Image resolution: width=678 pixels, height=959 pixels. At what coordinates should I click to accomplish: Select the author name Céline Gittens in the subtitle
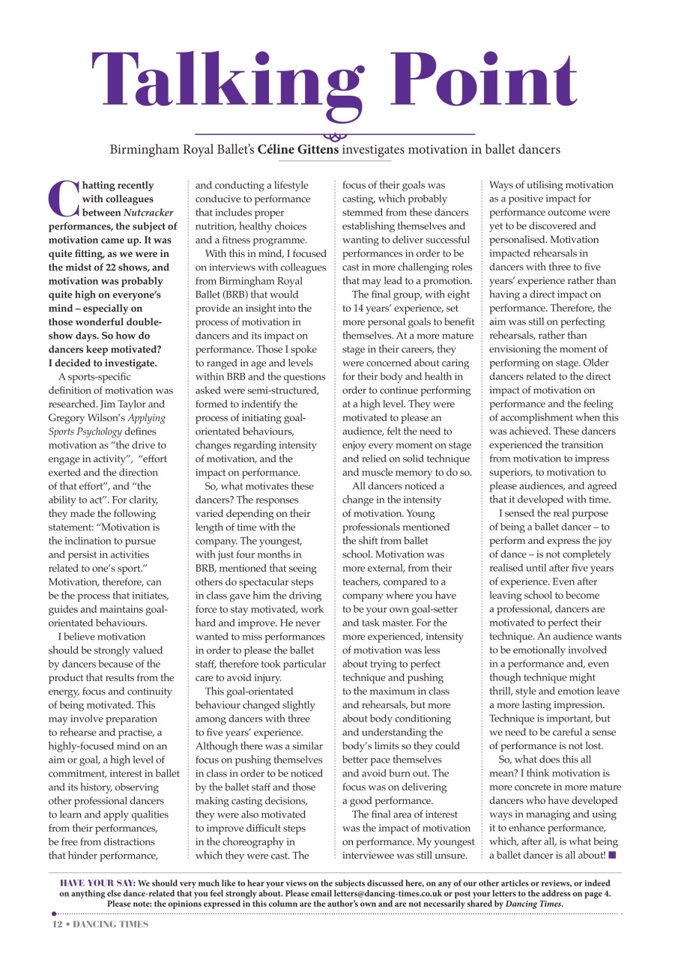point(297,150)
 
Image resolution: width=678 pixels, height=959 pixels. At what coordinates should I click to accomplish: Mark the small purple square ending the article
point(612,855)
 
